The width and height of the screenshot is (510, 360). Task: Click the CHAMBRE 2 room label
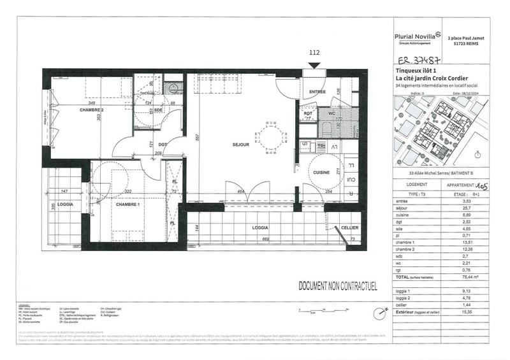click(x=91, y=110)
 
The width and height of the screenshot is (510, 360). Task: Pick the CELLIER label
click(x=349, y=228)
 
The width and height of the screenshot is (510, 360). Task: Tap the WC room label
click(x=331, y=113)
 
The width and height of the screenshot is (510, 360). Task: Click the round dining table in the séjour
click(x=268, y=136)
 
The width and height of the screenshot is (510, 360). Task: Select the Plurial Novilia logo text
click(x=413, y=36)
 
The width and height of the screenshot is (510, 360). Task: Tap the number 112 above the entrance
click(x=313, y=53)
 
